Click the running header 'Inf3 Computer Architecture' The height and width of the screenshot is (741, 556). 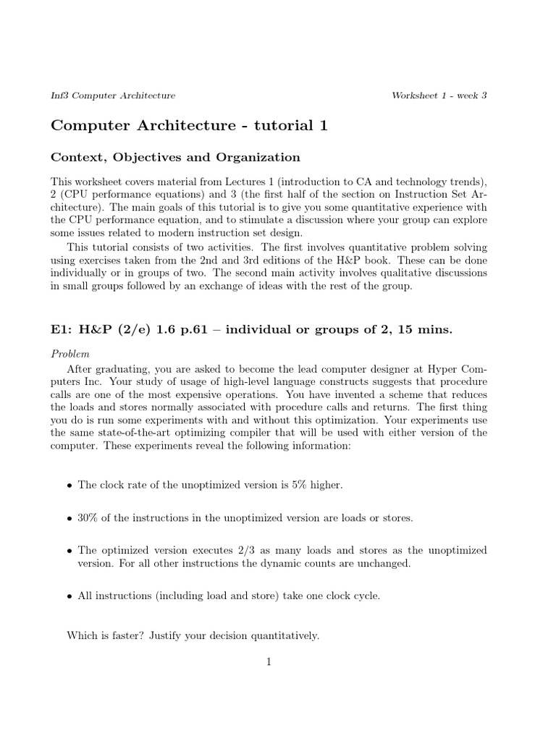click(x=113, y=96)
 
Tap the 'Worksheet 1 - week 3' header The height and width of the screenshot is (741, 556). click(x=439, y=96)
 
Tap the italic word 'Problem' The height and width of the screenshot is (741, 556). click(x=70, y=354)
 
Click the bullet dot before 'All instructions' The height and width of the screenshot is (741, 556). click(x=69, y=596)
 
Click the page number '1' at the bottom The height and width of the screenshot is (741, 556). click(x=269, y=661)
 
